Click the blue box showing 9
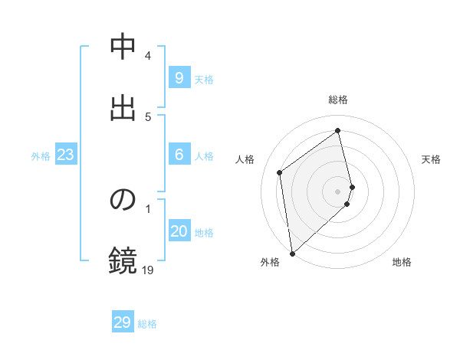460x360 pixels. [179, 77]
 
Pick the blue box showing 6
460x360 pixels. [179, 155]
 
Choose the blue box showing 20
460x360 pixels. [179, 231]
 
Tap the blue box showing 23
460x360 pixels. [65, 155]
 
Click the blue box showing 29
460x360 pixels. [123, 322]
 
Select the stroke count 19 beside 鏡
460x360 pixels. [147, 270]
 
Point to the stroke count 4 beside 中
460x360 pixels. [148, 56]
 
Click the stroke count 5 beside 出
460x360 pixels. [148, 116]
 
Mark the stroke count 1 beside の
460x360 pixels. [148, 208]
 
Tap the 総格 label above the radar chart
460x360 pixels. [338, 100]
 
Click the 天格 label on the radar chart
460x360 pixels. [431, 159]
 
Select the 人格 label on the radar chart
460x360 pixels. [245, 159]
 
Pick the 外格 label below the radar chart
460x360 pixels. [269, 262]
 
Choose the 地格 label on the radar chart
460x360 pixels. [402, 262]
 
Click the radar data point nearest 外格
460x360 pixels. [291, 253]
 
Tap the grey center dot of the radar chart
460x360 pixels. [338, 191]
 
